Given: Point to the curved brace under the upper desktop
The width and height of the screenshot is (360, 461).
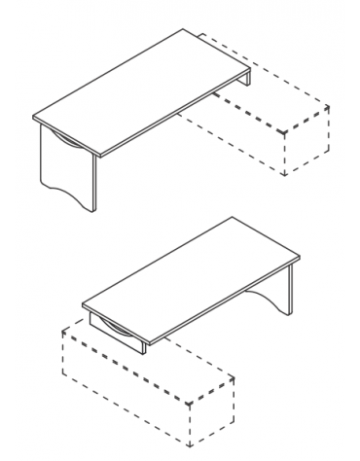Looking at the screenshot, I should coord(68,142).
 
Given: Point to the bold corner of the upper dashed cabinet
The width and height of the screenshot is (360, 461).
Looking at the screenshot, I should coord(281,131).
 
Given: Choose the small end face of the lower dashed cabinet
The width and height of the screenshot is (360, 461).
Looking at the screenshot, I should coord(210,413).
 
